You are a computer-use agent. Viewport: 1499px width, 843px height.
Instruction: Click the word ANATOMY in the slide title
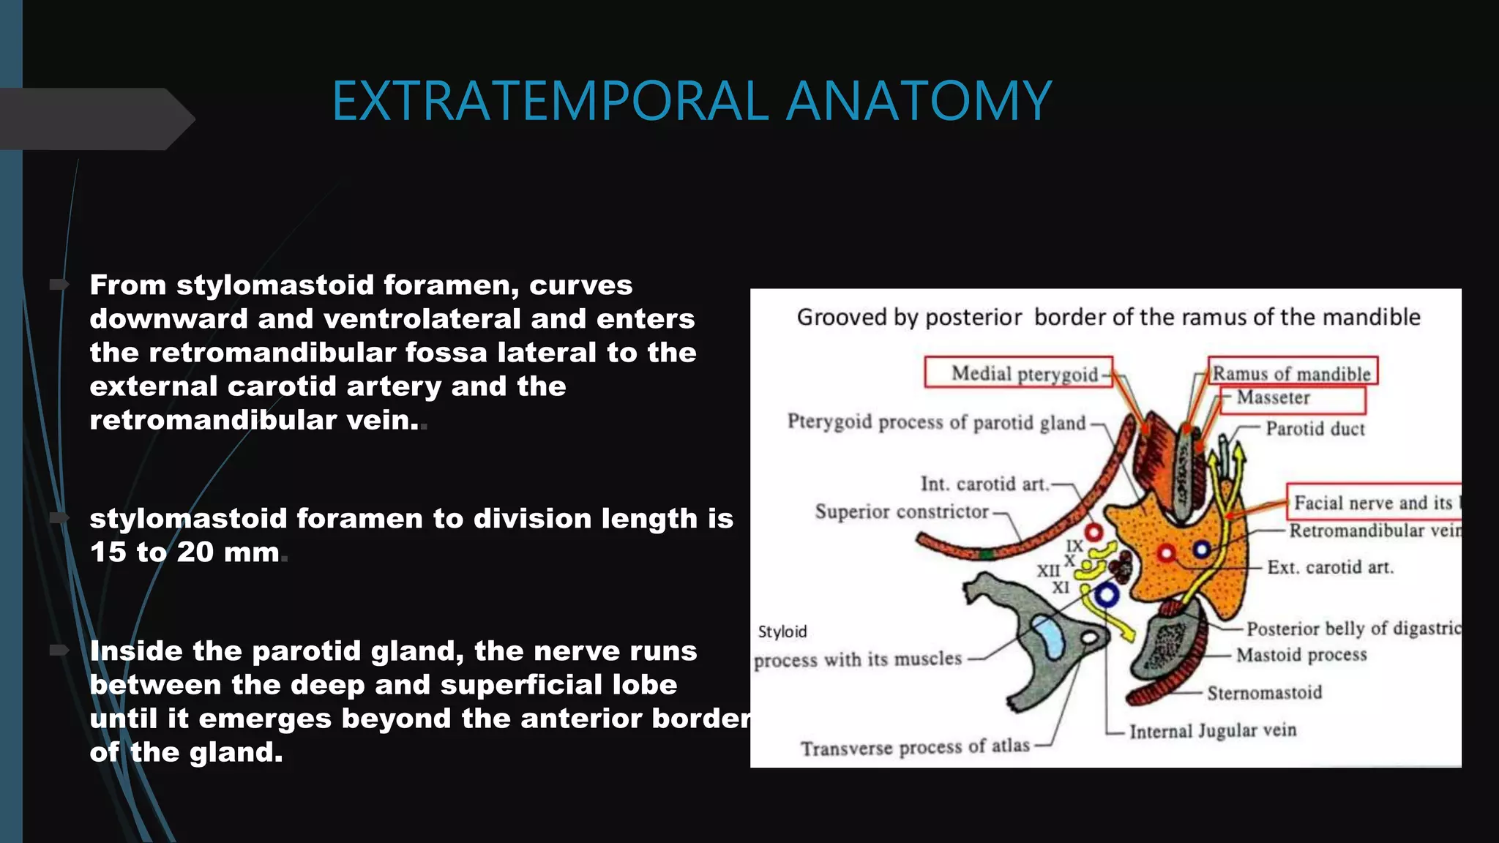[919, 101]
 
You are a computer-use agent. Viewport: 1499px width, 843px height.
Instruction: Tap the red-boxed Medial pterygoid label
[1024, 374]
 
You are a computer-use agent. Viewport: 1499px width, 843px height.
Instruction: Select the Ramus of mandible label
[1291, 373]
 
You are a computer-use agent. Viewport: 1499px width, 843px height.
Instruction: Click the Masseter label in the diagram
[1273, 397]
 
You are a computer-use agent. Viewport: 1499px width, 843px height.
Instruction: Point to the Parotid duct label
[1315, 429]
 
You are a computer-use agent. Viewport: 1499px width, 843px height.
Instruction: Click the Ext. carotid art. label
[1330, 567]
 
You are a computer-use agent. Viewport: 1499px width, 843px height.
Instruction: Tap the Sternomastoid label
[1264, 692]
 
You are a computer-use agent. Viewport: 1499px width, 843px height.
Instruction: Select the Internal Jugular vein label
[1212, 731]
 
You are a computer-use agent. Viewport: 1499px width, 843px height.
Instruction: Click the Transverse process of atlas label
[915, 747]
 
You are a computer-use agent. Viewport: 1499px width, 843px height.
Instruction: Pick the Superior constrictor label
[902, 512]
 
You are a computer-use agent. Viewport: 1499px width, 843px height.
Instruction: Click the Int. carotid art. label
[984, 484]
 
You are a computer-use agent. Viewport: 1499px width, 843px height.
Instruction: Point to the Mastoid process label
[1301, 655]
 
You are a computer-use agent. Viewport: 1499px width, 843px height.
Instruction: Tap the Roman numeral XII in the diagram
[1047, 570]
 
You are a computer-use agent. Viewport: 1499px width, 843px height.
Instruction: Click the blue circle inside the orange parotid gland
[1201, 550]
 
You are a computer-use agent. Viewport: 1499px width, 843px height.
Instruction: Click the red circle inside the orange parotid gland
[1167, 553]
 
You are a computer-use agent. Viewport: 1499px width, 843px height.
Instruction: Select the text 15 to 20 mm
[184, 552]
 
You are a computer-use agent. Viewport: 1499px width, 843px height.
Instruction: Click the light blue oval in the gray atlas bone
[1050, 636]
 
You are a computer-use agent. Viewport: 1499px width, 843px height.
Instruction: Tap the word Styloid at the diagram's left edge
[782, 632]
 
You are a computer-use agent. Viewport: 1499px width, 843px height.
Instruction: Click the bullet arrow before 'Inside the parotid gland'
[59, 651]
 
